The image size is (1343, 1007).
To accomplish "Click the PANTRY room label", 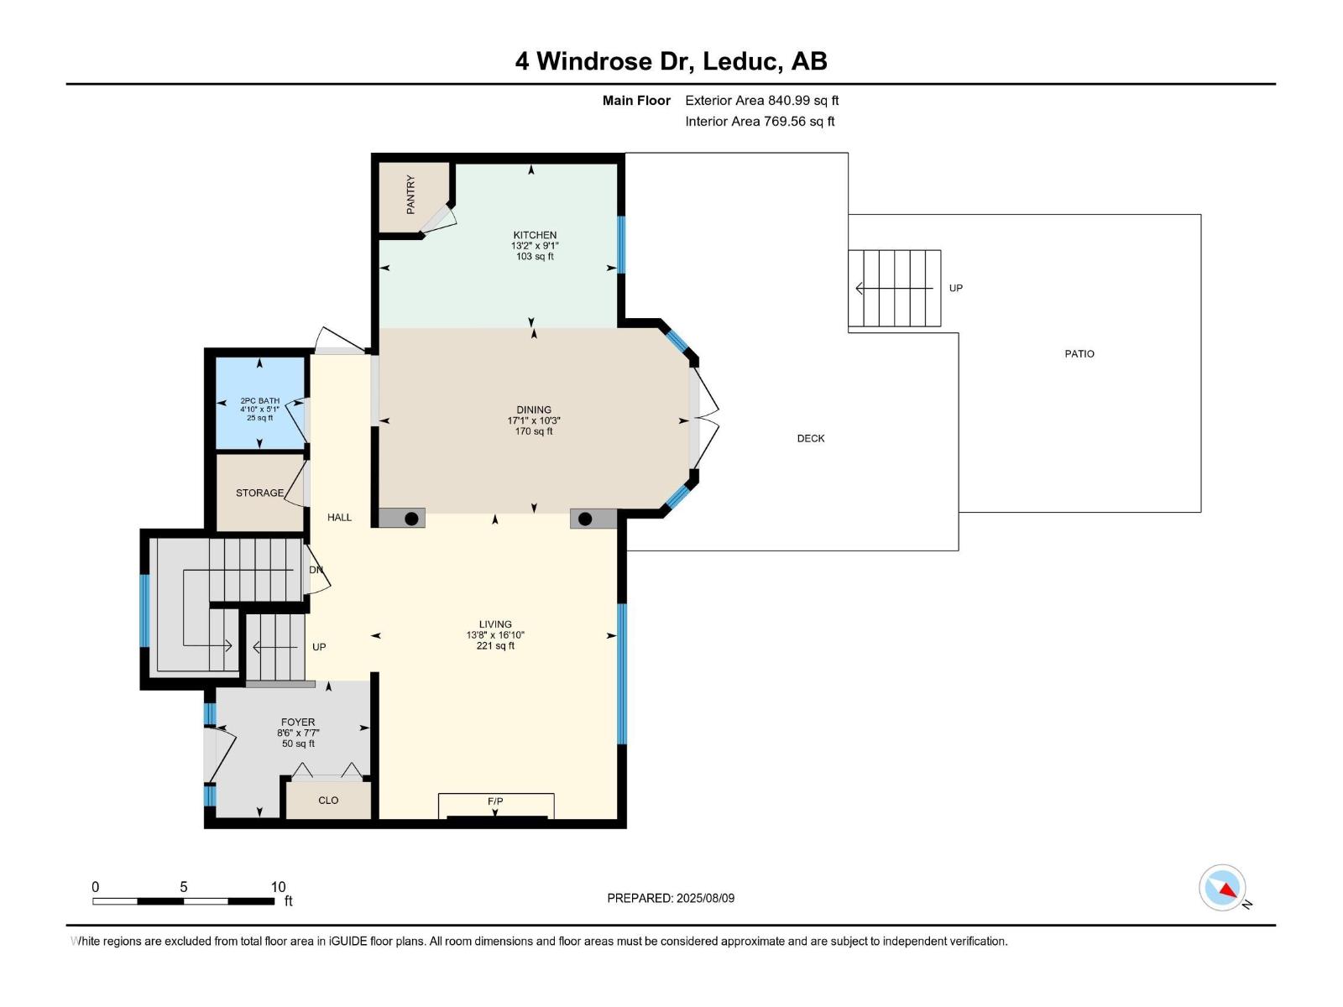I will tap(410, 195).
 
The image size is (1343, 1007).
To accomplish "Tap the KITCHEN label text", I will tap(535, 235).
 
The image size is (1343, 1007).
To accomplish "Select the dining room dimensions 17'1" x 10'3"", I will tap(534, 420).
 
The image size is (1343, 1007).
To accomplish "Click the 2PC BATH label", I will tap(259, 401).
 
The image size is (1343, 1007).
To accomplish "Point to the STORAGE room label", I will tap(259, 493).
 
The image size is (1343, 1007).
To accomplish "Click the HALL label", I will tap(339, 517).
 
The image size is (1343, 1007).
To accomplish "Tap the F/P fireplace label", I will tap(495, 801).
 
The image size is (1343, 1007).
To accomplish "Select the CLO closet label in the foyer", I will tap(328, 800).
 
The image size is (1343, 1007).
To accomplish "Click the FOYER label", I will tap(298, 722).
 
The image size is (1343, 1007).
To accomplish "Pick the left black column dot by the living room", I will tap(411, 519).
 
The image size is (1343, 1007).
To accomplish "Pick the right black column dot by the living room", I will tap(585, 519).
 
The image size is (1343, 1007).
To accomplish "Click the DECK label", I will tap(810, 438).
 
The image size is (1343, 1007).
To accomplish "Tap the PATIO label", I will tap(1079, 353).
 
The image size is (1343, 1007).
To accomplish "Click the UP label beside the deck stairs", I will tap(955, 288).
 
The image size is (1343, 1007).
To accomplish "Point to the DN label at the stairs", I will tap(316, 570).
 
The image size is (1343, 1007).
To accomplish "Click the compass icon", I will tap(1223, 888).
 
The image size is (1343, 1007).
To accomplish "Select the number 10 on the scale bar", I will tap(278, 886).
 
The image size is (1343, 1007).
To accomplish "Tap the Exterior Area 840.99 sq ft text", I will tap(761, 100).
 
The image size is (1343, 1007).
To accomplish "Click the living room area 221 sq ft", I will tap(495, 645).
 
